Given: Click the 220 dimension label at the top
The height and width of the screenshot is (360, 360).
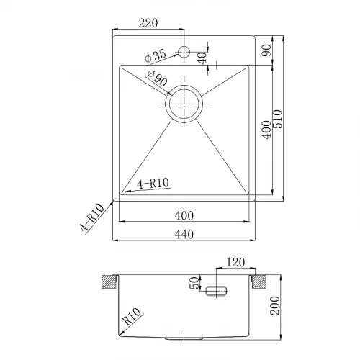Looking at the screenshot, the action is [x=148, y=23].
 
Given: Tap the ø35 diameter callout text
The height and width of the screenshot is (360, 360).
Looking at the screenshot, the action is [x=156, y=56].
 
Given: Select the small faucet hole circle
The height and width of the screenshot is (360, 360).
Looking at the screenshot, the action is [x=184, y=52].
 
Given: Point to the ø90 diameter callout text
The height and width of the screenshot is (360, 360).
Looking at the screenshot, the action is [x=157, y=78].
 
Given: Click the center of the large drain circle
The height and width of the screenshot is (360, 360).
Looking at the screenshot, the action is [x=184, y=104].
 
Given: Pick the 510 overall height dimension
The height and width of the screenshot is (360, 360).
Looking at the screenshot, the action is [x=278, y=119].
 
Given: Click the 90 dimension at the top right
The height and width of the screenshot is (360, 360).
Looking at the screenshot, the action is [x=267, y=50].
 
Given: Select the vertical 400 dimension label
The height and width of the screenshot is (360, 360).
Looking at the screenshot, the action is [x=267, y=130].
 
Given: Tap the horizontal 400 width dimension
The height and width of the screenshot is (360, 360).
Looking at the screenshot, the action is [x=184, y=215].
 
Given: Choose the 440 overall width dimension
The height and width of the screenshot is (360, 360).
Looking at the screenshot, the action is [x=184, y=234].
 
